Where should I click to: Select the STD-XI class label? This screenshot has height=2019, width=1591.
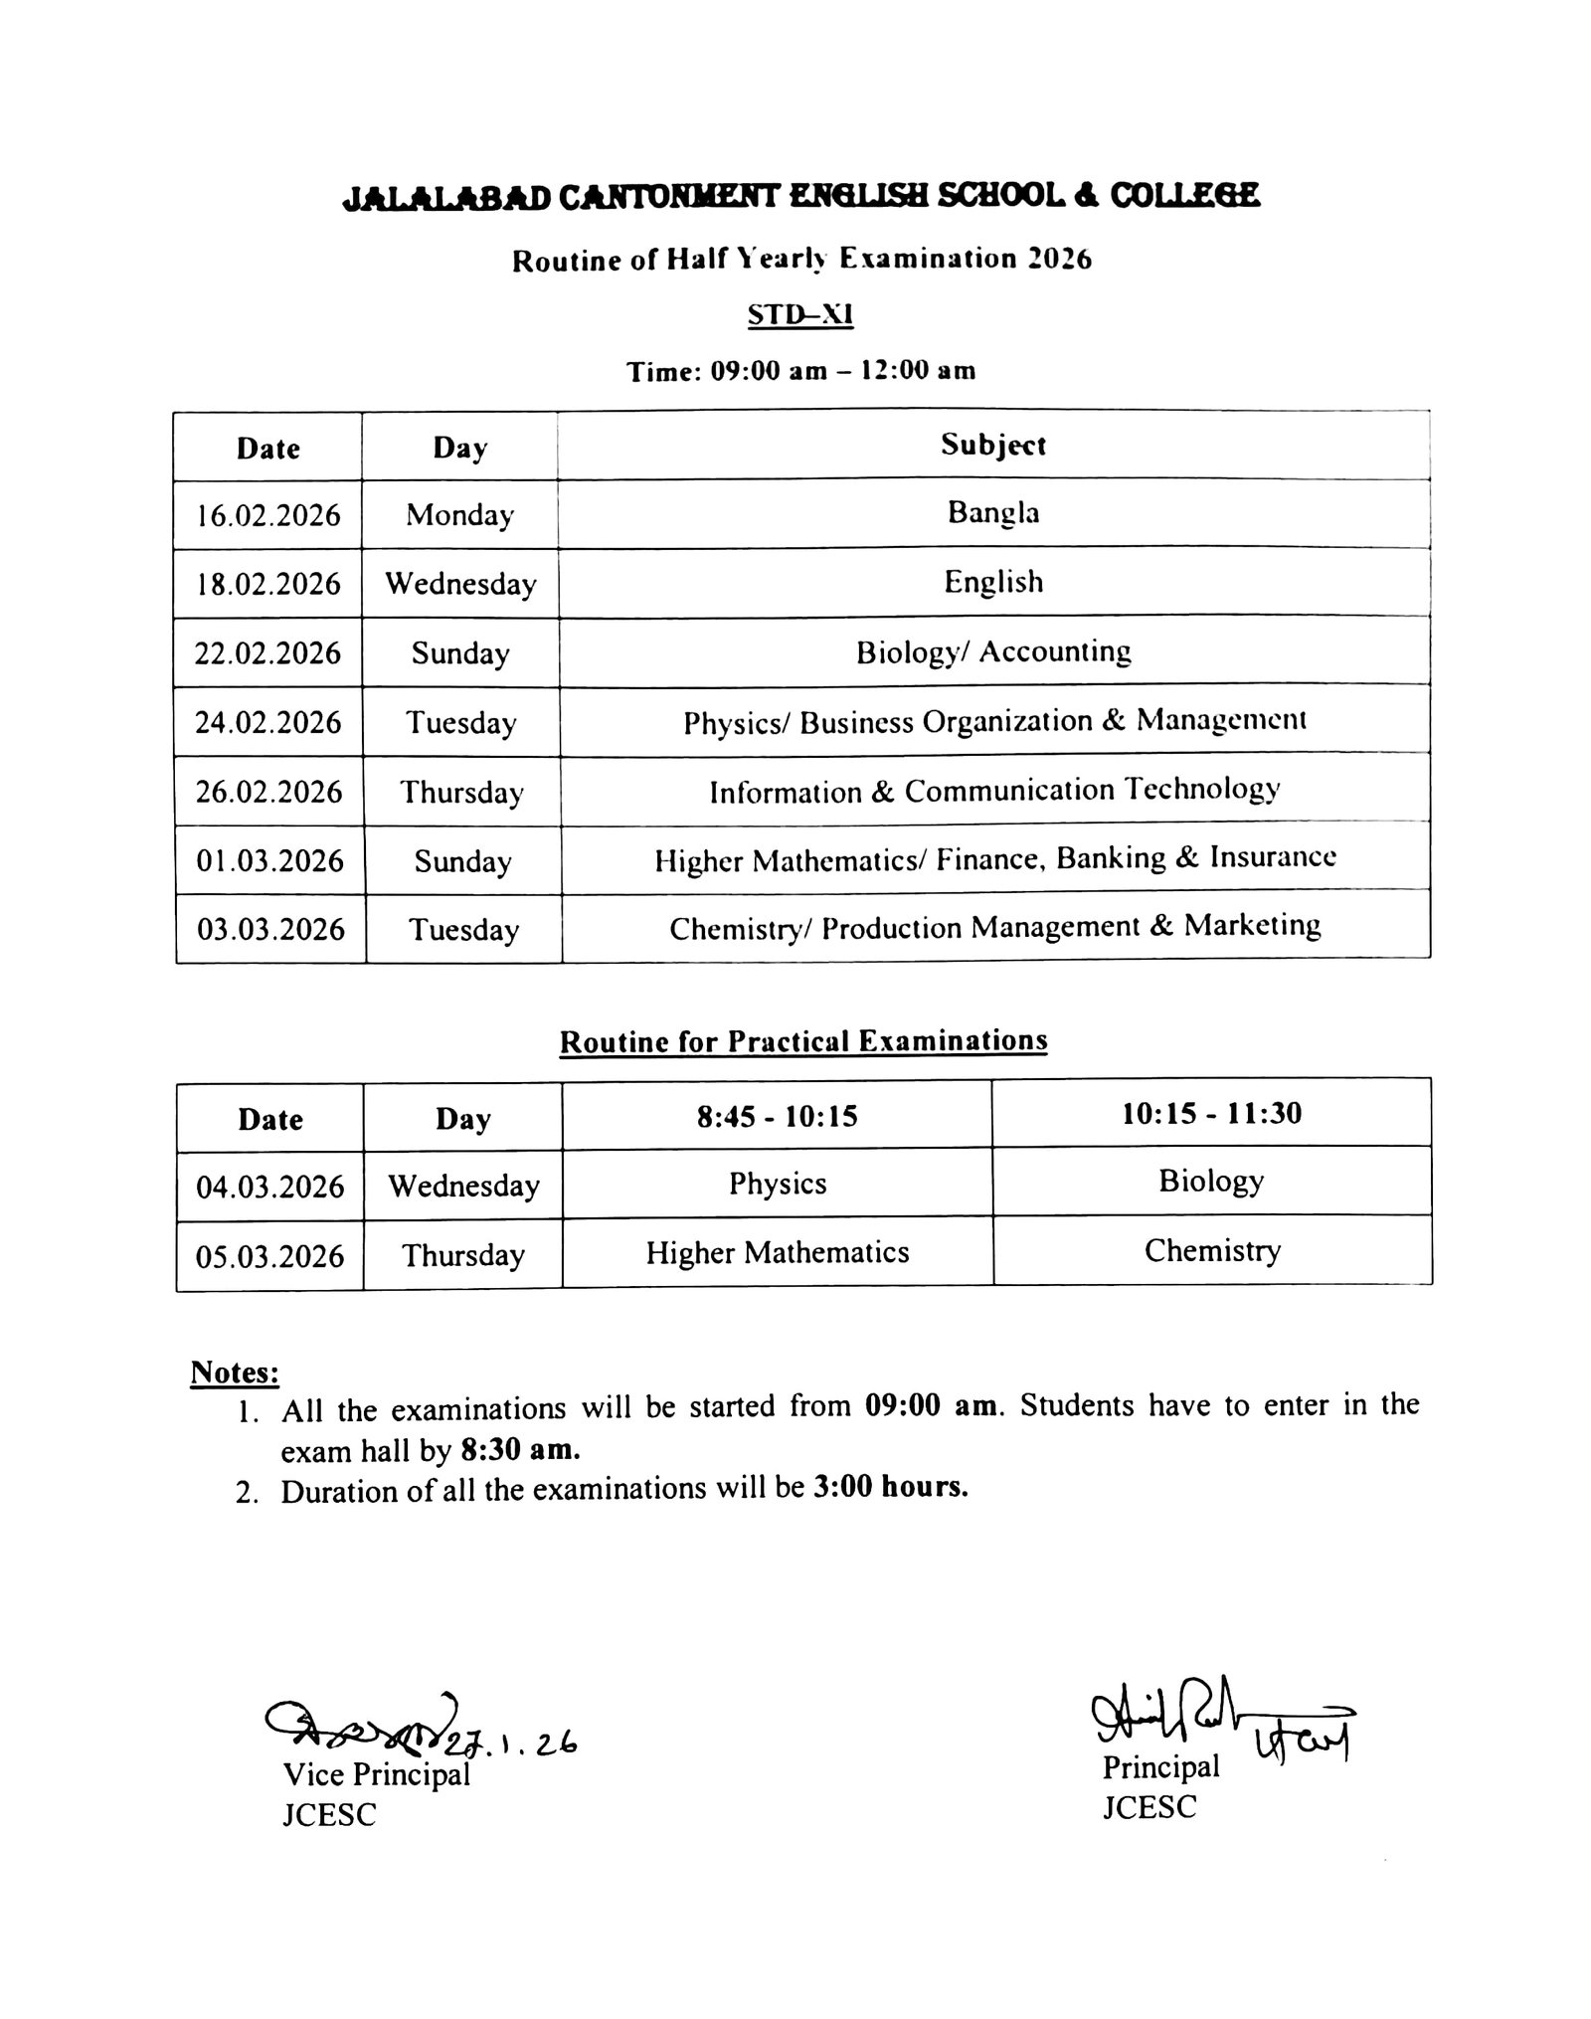pos(800,315)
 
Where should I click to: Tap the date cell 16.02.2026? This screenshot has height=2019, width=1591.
pos(268,515)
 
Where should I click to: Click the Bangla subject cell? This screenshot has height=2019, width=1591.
pos(993,513)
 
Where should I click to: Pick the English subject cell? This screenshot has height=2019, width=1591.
pos(993,582)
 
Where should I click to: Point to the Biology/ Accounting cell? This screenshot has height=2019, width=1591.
pos(993,652)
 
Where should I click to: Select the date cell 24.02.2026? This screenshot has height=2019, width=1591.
pos(268,722)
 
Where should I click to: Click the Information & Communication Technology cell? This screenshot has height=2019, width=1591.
pos(993,791)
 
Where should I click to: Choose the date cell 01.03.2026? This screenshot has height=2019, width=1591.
pos(269,860)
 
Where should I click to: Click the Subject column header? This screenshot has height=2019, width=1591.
pos(993,446)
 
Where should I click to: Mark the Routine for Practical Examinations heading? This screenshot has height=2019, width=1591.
pos(803,1041)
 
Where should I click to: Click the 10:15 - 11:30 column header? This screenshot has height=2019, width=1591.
pos(1211,1113)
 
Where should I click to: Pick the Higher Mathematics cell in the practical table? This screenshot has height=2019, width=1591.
pos(778,1252)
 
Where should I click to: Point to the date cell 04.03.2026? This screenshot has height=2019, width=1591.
pos(270,1187)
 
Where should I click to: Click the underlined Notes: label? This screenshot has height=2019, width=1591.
pos(235,1373)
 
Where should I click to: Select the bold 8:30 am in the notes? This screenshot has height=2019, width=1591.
pos(520,1450)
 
